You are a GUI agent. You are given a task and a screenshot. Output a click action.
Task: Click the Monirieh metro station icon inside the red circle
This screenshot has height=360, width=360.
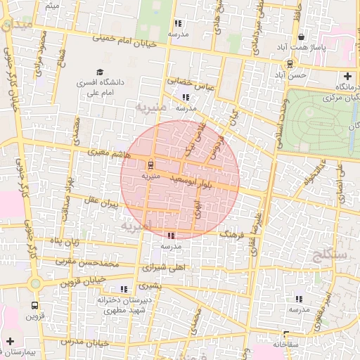click(150, 165)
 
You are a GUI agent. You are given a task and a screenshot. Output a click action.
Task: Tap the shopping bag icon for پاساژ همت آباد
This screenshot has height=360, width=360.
click(302, 37)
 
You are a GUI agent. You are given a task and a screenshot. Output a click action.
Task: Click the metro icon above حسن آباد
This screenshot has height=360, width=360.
click(290, 63)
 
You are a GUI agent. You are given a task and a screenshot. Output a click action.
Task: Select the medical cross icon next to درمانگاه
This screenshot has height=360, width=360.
click(347, 77)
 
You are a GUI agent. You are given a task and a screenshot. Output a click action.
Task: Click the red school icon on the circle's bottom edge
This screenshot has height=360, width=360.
click(172, 236)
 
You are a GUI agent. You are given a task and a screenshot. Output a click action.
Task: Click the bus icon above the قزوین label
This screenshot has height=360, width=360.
click(34, 305)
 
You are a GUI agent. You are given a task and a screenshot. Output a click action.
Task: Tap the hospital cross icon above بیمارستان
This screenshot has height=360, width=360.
click(10, 341)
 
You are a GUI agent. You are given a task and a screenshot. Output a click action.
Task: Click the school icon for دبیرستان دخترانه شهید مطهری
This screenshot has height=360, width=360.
click(124, 289)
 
